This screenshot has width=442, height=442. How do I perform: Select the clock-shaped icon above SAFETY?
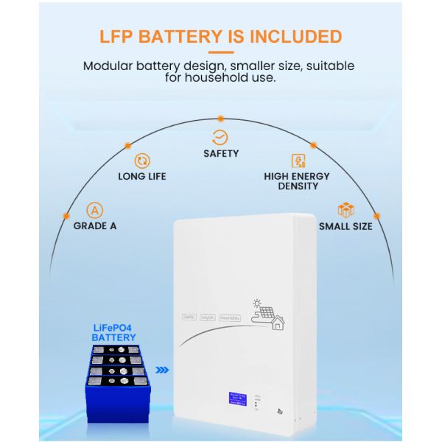tap(220, 137)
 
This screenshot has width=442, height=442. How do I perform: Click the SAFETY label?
tap(221, 154)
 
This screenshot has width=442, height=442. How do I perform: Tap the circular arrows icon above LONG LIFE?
tap(142, 161)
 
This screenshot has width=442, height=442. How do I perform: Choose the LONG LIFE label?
tap(142, 177)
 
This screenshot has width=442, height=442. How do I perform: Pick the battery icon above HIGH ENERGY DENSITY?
tap(298, 161)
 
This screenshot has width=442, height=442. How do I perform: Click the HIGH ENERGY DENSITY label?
tap(297, 181)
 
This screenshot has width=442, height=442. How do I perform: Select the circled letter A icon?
tap(94, 210)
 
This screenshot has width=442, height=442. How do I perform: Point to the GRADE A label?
tap(95, 226)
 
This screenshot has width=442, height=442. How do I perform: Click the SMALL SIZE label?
tap(345, 226)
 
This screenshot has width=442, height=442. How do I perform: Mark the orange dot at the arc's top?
tap(220, 118)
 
